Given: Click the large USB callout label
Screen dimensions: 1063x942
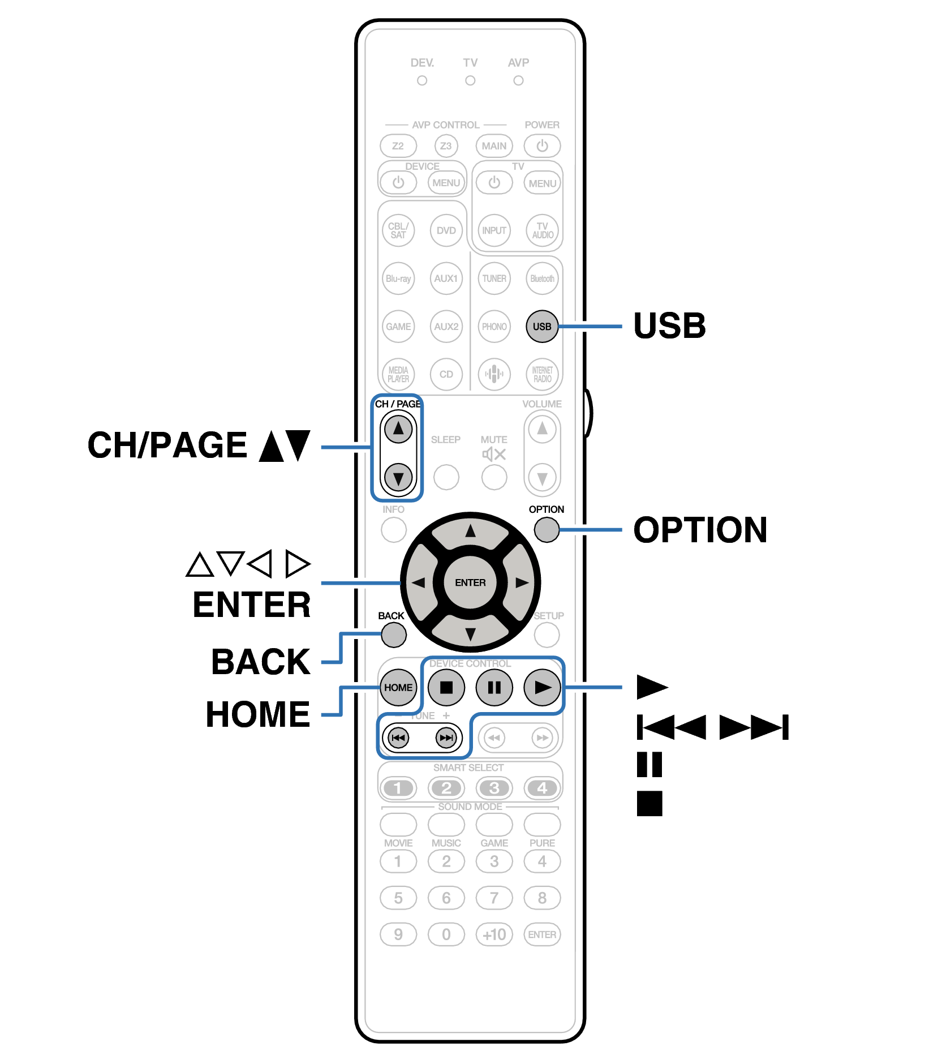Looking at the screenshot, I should click(x=669, y=326).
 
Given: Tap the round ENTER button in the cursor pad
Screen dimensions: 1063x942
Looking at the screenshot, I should click(x=470, y=582).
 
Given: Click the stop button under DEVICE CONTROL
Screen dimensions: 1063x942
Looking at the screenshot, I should click(x=446, y=687).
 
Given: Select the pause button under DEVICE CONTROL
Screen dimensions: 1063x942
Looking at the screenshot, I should click(x=494, y=687).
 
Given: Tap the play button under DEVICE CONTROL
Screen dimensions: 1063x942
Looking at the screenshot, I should click(x=542, y=687).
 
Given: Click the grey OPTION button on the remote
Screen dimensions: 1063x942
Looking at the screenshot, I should click(x=547, y=530).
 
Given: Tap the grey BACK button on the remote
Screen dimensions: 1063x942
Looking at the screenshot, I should click(x=394, y=635).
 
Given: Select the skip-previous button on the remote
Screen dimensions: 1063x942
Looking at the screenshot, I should click(x=398, y=738).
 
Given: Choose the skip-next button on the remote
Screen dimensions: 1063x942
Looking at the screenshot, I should click(x=446, y=738).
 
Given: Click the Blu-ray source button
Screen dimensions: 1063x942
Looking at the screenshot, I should click(x=398, y=278).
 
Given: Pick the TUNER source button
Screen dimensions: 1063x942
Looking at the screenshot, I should click(x=494, y=278).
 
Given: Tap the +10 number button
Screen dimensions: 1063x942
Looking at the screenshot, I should click(x=494, y=934).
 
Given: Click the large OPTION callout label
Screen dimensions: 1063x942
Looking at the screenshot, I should click(x=700, y=530).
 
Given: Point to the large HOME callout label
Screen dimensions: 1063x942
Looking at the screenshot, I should click(x=258, y=714).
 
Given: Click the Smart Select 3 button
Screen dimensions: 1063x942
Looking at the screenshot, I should click(x=494, y=788).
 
